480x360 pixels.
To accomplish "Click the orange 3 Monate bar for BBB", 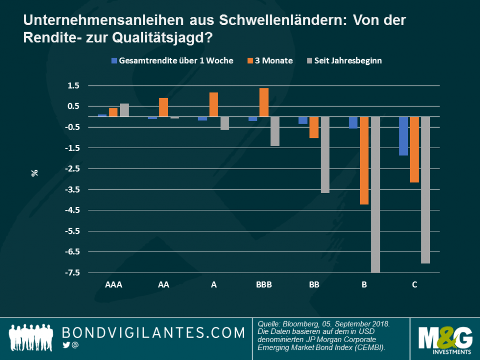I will [x=264, y=102].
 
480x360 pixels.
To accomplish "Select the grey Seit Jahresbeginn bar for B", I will [x=375, y=194].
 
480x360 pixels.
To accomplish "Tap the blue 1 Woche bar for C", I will [x=403, y=136].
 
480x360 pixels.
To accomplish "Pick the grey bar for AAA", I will [x=124, y=110].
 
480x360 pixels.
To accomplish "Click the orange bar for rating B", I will [x=364, y=160].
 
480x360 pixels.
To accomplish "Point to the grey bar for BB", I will [x=325, y=155].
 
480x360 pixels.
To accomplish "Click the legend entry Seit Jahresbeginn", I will [x=348, y=60].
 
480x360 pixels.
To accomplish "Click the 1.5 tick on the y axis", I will [x=75, y=85].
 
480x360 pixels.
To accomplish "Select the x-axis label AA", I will [x=163, y=284].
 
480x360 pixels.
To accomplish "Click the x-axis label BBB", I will [x=263, y=284].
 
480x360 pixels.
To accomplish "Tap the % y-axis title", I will [x=35, y=173].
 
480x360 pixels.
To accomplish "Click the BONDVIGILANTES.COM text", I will [x=153, y=333].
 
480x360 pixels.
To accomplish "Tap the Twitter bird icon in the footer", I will [x=66, y=346].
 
